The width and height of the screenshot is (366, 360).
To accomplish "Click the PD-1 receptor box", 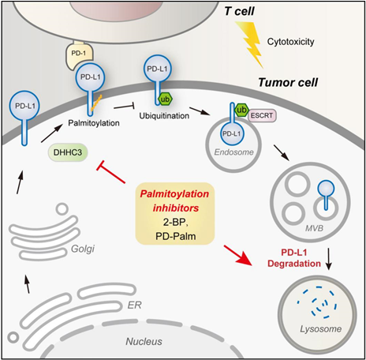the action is (x=79, y=55).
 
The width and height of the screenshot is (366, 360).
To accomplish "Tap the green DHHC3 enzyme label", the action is (x=68, y=152).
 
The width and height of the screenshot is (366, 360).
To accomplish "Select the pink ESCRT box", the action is (x=262, y=115).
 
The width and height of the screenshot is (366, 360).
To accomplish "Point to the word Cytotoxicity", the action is (x=290, y=42).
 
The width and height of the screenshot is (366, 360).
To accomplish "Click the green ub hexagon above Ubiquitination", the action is (x=166, y=99).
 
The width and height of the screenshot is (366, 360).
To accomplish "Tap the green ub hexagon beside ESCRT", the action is (x=241, y=110).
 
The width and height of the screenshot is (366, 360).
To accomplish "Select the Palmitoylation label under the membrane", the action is (x=94, y=123).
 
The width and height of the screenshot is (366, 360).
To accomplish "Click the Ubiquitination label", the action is (x=164, y=116).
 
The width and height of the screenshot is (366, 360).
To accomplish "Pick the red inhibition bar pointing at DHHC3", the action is (x=111, y=172).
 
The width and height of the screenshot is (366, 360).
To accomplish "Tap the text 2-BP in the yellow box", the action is (x=175, y=222).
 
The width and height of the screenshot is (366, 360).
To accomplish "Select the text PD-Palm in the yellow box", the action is (x=176, y=236).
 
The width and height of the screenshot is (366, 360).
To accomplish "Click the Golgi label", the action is (x=83, y=249).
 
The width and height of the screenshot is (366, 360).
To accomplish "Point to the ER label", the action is (x=134, y=305).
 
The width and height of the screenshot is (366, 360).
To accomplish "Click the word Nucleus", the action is (x=144, y=342).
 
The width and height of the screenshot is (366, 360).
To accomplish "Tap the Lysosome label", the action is (x=321, y=329).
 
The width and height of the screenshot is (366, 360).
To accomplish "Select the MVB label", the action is (x=314, y=228).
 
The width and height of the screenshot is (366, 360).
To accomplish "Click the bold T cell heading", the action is (x=239, y=11).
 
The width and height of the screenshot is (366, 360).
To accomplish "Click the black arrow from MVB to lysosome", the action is (x=329, y=258).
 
